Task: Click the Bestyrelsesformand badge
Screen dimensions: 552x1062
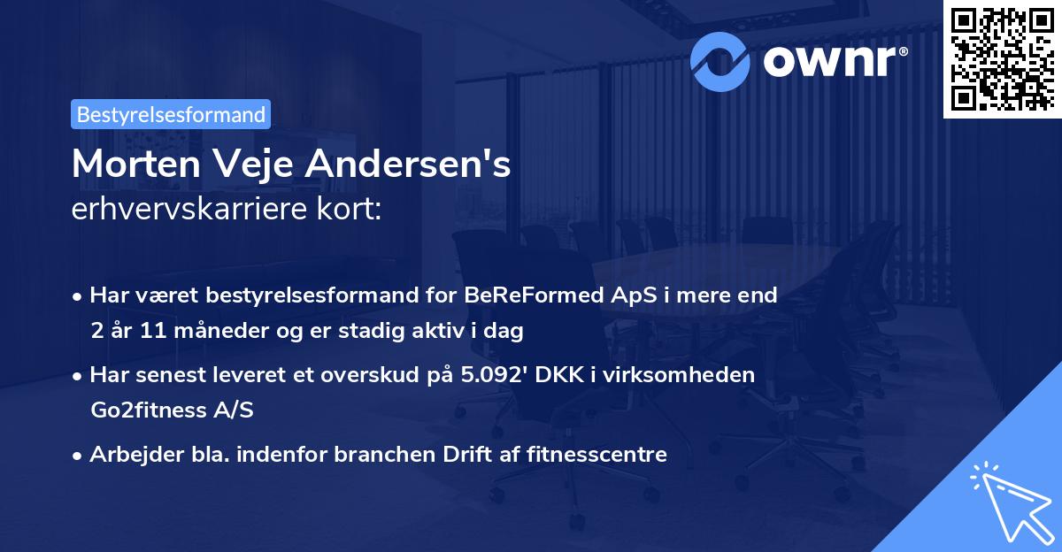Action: click(x=171, y=114)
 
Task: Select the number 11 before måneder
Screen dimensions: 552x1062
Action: click(x=151, y=332)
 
